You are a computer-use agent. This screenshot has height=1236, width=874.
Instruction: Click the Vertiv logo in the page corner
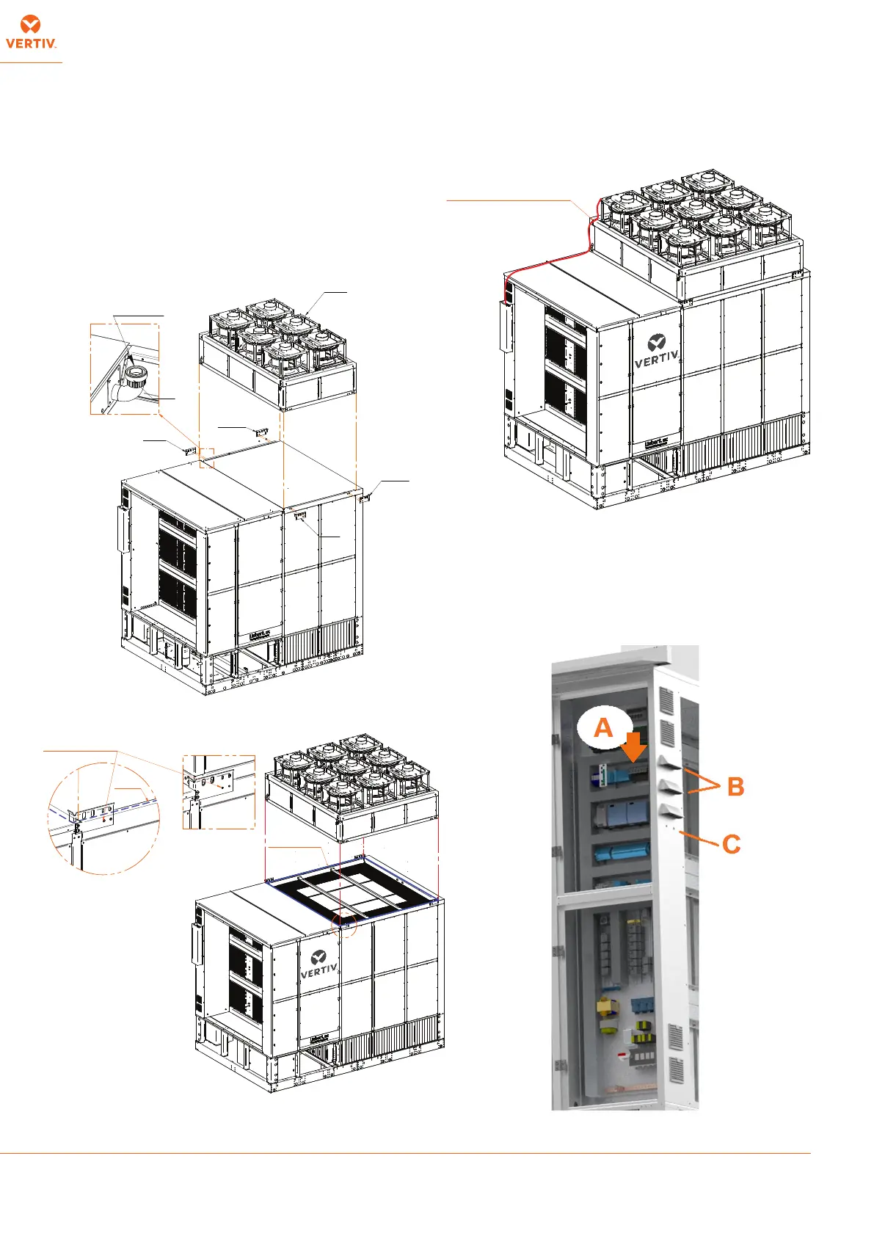[31, 33]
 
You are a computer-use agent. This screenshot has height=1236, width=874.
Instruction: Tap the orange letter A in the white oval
[603, 727]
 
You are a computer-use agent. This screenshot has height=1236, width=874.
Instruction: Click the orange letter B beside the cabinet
[735, 787]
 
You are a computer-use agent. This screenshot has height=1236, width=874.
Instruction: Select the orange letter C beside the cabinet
[731, 844]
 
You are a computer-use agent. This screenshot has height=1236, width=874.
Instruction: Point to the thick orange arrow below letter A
[634, 747]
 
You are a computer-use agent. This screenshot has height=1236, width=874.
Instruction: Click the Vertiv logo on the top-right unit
[656, 351]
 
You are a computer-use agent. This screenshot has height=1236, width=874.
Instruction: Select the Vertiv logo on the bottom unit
[318, 964]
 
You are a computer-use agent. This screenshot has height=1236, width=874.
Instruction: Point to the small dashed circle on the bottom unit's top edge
[345, 926]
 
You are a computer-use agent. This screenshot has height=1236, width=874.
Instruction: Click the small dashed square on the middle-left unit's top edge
[206, 458]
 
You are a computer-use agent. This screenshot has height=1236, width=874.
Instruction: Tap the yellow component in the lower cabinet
[607, 1011]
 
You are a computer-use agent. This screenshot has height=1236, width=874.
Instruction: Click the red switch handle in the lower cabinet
[621, 1055]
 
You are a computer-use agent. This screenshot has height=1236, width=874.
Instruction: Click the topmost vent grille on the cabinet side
[666, 700]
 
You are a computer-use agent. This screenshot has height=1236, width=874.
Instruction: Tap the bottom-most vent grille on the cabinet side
[677, 1071]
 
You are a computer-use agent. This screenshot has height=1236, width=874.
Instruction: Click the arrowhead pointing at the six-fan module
[307, 314]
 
